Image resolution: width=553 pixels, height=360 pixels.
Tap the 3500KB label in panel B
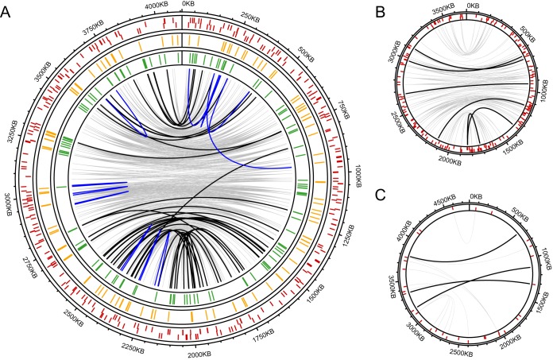point(440,11)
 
